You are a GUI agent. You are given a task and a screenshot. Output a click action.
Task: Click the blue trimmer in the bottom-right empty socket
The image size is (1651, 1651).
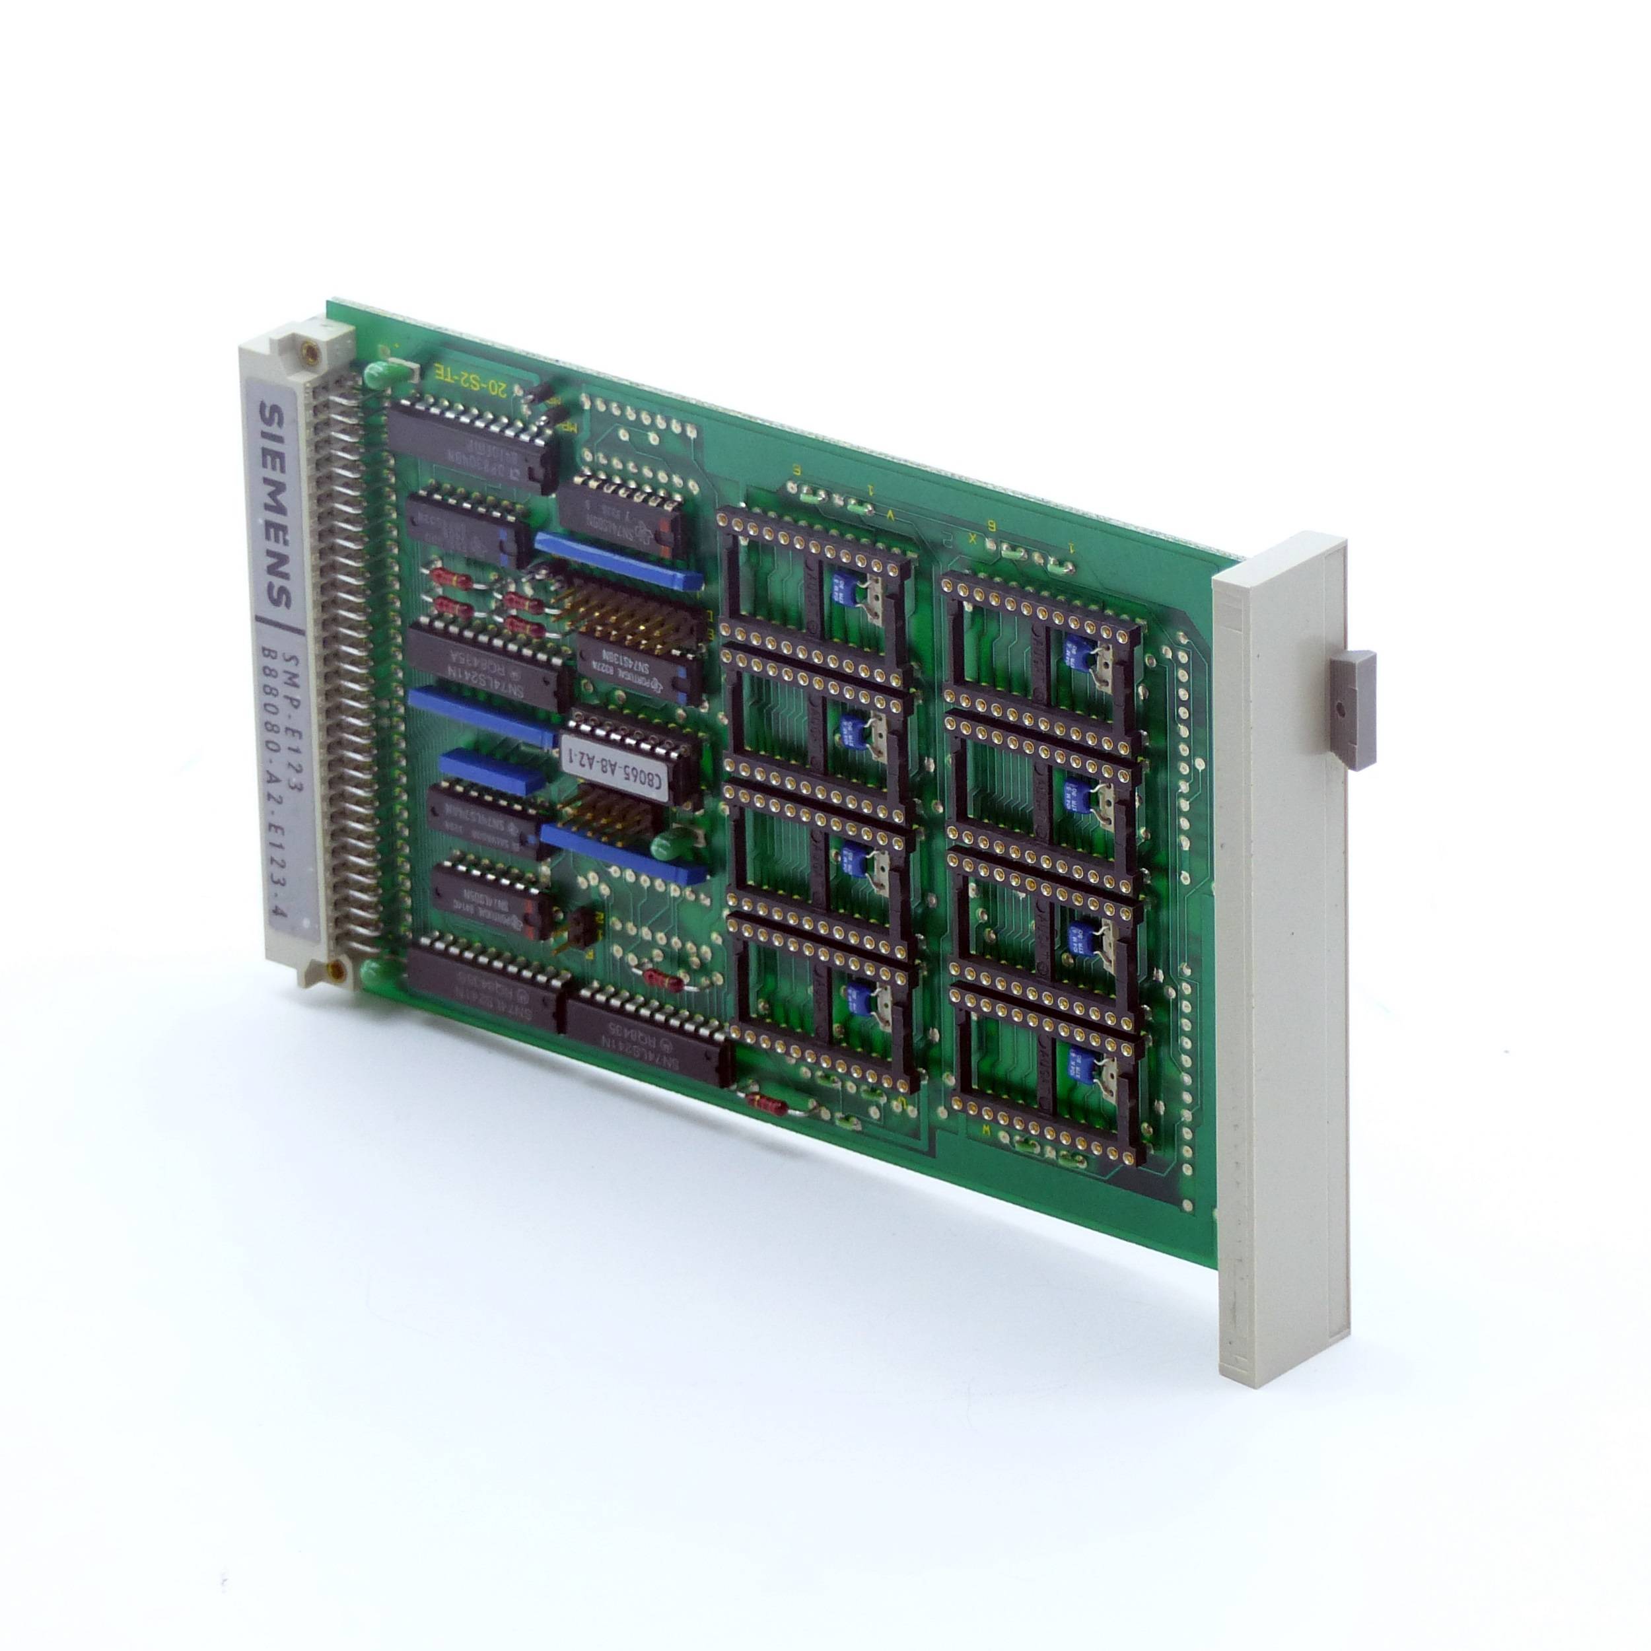[1072, 1067]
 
